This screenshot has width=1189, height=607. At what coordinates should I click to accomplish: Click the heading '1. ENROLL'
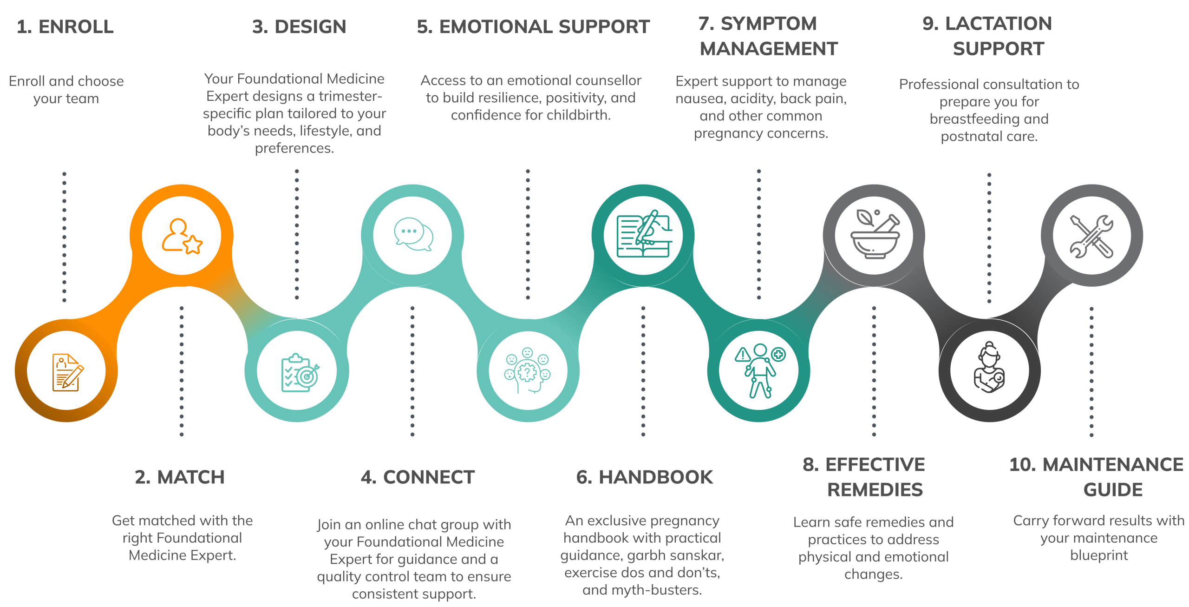tap(65, 26)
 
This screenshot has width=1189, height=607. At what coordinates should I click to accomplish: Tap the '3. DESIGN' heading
tap(299, 26)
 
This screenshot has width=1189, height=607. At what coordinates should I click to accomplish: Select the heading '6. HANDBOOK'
tap(644, 477)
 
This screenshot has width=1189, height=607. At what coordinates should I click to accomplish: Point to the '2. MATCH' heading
tap(180, 477)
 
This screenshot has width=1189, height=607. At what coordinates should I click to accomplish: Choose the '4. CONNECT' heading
tap(418, 477)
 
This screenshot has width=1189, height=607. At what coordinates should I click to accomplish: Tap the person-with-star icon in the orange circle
tap(182, 236)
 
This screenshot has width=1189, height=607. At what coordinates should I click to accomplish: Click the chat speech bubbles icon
tap(413, 234)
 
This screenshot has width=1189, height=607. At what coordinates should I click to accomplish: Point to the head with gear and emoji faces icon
tap(528, 370)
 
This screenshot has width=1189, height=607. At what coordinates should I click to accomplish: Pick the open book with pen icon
tap(644, 234)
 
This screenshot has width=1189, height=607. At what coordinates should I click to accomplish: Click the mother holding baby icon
tap(989, 368)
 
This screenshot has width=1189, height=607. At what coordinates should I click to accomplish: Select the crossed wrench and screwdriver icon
tap(1091, 236)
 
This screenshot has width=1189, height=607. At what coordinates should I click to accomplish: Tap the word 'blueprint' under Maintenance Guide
tap(1099, 555)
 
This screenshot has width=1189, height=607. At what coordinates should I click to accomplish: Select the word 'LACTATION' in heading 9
tap(999, 23)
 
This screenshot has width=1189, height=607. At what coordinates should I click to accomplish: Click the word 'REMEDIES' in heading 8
tap(875, 489)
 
